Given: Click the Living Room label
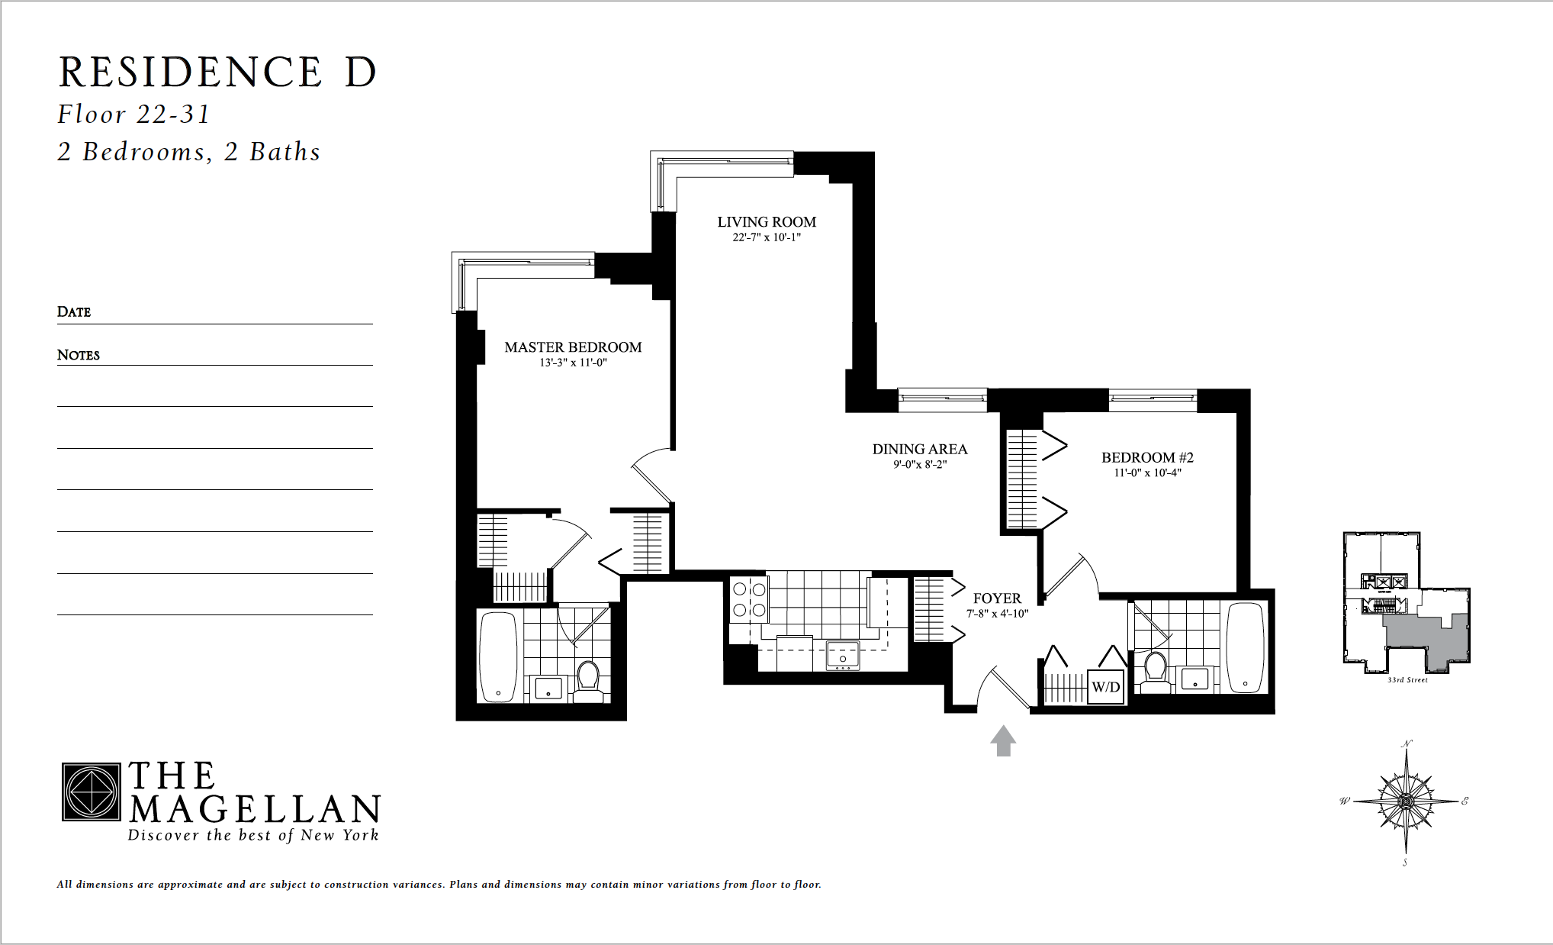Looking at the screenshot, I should [767, 222].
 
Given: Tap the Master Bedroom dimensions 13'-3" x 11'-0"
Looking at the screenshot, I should [573, 363].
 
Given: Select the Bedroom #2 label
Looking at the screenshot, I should [1147, 457].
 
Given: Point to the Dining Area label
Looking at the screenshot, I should [920, 450].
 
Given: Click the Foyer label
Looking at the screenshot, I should [997, 598].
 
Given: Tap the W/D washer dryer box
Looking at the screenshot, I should [1105, 686].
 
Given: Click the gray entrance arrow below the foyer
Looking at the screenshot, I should [1003, 740].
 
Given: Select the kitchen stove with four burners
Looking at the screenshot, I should [749, 599].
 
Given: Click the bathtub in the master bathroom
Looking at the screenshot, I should [497, 656].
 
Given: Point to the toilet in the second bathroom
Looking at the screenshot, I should [1156, 669].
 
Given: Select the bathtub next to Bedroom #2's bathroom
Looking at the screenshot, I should [1245, 647].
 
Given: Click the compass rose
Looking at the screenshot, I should [1406, 801].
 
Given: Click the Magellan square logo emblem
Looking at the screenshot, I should [91, 792].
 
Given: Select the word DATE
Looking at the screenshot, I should [74, 311].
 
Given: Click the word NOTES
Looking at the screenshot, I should [79, 355].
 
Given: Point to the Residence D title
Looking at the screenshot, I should [217, 73].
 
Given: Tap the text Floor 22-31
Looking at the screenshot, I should [133, 114].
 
